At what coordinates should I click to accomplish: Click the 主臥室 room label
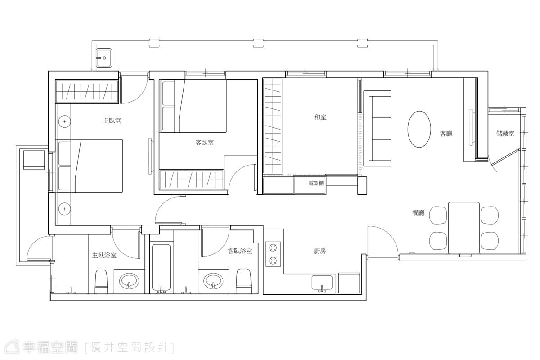[112, 121]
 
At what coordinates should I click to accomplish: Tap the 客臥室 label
[204, 143]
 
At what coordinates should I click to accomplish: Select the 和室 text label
[320, 117]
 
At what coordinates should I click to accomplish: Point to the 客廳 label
[446, 134]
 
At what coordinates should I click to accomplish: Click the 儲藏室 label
[505, 133]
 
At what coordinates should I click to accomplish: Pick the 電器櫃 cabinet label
[316, 183]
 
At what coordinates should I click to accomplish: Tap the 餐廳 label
[418, 213]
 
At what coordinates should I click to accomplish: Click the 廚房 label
[320, 251]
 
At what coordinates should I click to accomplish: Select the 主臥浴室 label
[104, 255]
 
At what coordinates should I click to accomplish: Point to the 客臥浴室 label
[240, 251]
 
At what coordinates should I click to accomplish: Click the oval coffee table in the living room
[419, 129]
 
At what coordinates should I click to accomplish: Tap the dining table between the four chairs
[464, 228]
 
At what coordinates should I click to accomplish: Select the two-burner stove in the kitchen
[273, 254]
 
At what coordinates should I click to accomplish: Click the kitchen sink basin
[322, 283]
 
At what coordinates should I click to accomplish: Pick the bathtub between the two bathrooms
[161, 267]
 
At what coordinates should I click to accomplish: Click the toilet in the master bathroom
[101, 281]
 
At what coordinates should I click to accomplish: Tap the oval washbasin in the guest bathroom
[213, 281]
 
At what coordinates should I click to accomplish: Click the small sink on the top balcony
[104, 58]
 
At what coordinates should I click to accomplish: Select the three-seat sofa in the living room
[377, 129]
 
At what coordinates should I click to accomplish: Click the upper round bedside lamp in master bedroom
[64, 121]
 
